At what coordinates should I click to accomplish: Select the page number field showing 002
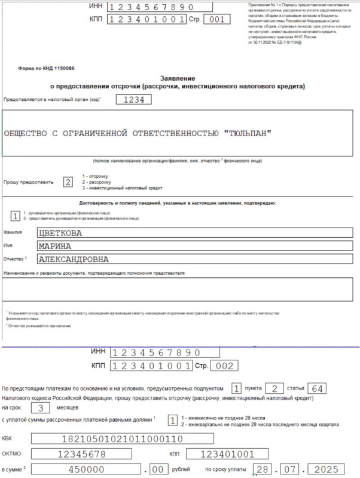click(225, 366)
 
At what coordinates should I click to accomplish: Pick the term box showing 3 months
click(39, 409)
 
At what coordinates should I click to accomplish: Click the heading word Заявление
click(180, 78)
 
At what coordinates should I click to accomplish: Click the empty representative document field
click(179, 289)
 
